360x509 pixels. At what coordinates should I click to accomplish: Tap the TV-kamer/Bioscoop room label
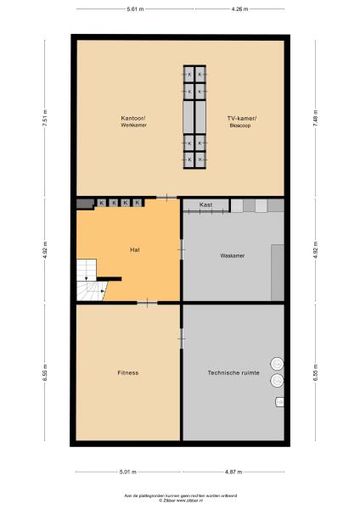tap(241, 121)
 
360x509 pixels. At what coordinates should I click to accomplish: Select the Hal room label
tap(134, 250)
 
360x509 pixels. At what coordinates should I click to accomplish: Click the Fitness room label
tap(127, 372)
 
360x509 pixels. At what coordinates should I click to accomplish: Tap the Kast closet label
tap(205, 205)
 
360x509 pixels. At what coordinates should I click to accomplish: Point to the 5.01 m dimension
tap(127, 472)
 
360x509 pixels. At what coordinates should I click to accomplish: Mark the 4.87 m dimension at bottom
tap(233, 472)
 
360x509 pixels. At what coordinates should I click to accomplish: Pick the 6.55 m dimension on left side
tap(45, 372)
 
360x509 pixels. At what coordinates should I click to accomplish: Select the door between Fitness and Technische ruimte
tap(181, 338)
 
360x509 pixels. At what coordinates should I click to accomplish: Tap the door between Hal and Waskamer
tap(181, 249)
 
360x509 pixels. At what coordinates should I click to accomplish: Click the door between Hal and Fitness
tap(148, 302)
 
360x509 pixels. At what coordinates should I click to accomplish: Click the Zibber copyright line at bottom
tap(180, 501)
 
